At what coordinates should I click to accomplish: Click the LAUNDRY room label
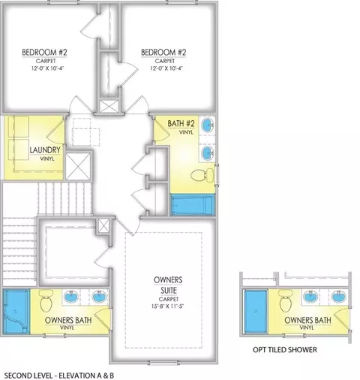[x=45, y=150]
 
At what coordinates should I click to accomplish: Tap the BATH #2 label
[x=181, y=123]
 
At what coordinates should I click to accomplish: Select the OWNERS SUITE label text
[x=168, y=285]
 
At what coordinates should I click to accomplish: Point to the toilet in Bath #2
[x=202, y=175]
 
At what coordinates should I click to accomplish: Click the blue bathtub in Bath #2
[x=193, y=205]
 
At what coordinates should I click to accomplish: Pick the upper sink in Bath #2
[x=208, y=125]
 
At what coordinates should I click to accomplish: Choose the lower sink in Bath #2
[x=208, y=152]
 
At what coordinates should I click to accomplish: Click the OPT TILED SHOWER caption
[x=285, y=350]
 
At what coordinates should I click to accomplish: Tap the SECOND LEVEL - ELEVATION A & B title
[x=59, y=375]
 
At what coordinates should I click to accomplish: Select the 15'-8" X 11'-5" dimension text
[x=168, y=306]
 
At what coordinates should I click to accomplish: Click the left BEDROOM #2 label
[x=44, y=53]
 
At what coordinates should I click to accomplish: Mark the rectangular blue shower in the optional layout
[x=256, y=312]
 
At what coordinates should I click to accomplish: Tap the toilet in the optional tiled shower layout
[x=286, y=301]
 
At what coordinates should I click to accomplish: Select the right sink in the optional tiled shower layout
[x=339, y=297]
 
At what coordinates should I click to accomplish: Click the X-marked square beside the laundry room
[x=78, y=166]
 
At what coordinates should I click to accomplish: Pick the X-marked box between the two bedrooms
[x=109, y=106]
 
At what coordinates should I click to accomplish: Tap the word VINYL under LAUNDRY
[x=47, y=158]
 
